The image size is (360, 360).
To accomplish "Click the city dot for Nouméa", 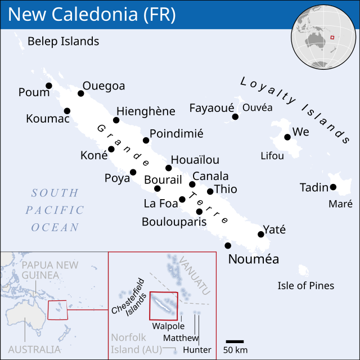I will tap(228, 245).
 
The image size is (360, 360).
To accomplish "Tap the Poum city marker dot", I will tap(49, 85).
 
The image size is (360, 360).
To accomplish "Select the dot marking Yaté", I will tap(260, 234).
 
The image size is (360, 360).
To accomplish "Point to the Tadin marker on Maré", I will tap(333, 187).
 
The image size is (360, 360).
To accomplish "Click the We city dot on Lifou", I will tap(287, 137).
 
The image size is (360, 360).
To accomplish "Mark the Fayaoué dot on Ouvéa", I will tap(235, 116).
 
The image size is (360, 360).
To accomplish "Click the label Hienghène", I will tap(146, 111).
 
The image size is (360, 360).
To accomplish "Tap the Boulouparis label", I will tap(174, 222).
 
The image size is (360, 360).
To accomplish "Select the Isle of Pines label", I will tap(305, 286).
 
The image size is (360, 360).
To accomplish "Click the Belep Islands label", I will tap(63, 41).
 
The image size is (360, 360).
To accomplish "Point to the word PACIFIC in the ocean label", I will tap(55, 210).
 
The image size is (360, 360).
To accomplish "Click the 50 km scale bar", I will tap(235, 341).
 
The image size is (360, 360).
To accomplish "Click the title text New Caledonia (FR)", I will tap(92, 15).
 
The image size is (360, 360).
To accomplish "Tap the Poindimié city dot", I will tap(146, 140).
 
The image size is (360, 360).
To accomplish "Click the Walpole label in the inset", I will tap(168, 326).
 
